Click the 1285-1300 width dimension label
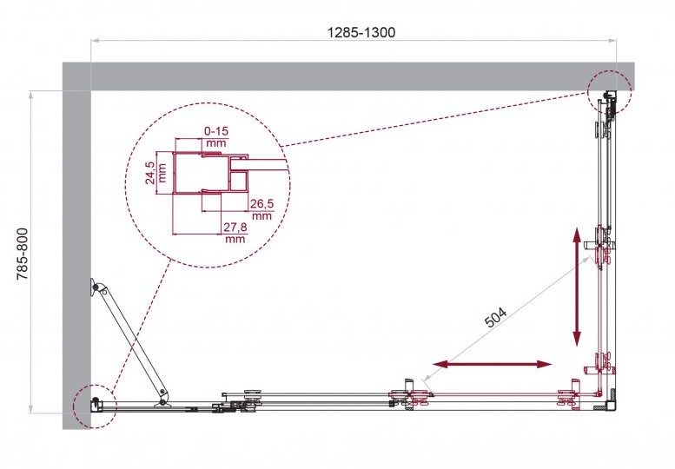point(361,32)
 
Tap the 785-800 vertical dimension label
point(23,254)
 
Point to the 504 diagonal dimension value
point(496,317)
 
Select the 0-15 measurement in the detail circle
point(216,131)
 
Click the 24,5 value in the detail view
point(149,173)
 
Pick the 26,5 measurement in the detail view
point(262,204)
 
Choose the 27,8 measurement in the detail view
point(235,228)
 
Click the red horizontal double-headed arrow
point(492,365)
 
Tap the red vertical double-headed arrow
point(577,287)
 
